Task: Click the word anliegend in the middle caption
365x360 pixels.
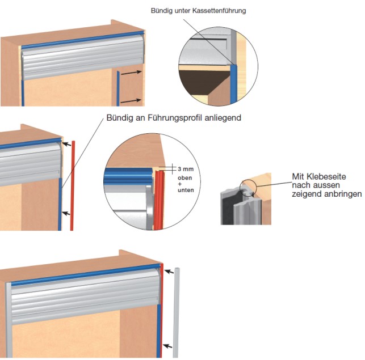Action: point(221,118)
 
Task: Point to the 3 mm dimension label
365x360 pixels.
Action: point(185,169)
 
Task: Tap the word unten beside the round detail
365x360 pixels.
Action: point(186,190)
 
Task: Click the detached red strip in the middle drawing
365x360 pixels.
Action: point(72,187)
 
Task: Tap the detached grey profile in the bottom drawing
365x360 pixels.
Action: point(176,312)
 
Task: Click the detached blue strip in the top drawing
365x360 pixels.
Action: point(118,88)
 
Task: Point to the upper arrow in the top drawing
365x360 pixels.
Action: point(132,73)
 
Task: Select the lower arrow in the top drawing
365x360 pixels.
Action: point(132,100)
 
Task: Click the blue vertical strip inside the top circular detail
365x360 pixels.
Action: point(232,85)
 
